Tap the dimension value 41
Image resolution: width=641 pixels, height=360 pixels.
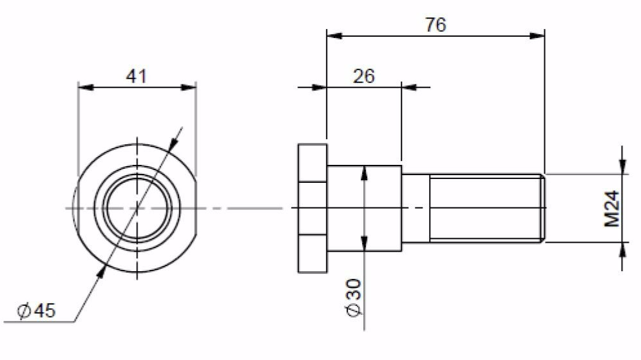tap(136, 75)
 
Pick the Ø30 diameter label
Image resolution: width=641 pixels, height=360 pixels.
tap(354, 298)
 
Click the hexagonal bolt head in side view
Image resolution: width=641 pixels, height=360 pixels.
tap(312, 208)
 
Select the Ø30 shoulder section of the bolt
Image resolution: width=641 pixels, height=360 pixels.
tap(364, 208)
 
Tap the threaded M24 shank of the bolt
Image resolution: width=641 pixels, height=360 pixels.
tap(483, 208)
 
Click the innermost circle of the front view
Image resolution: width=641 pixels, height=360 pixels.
tap(137, 208)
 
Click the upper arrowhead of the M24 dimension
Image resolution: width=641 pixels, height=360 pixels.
tap(622, 166)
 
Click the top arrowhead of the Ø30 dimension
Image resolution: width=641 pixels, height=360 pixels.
tap(365, 173)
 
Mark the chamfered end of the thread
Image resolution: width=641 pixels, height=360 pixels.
tap(542, 208)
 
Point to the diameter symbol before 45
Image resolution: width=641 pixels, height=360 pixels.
tap(24, 311)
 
